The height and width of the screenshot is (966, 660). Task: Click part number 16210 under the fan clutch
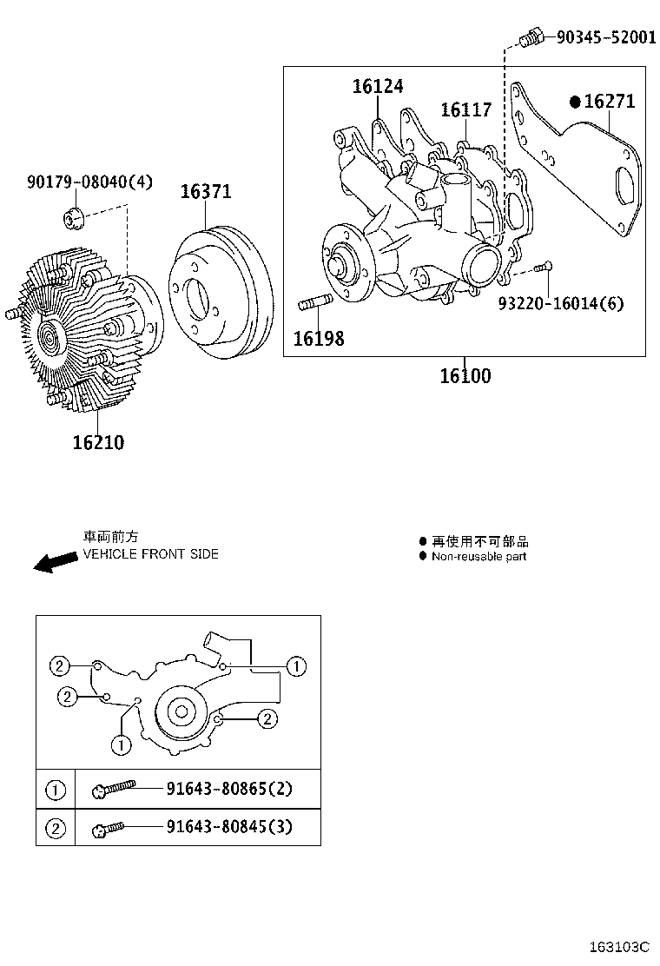coord(98,442)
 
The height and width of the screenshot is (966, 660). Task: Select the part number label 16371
coord(206,192)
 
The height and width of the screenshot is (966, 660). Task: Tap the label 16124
coord(378,86)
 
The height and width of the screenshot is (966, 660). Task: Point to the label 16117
coord(465,110)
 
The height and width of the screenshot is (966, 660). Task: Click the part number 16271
coord(610,102)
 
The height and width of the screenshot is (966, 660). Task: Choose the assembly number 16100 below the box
coord(465,376)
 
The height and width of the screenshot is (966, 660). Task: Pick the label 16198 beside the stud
coord(318,338)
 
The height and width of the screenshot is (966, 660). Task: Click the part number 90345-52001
coord(606,37)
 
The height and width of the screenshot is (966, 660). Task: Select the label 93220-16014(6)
coord(560,303)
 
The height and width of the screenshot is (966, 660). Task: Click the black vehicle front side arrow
coord(55,562)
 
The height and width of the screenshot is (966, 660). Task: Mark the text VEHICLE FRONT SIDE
coord(150,554)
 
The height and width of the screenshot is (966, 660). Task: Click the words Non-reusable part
coord(478,556)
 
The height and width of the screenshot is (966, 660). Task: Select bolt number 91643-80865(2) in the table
coord(229,790)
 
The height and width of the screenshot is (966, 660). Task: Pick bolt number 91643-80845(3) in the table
coord(229,826)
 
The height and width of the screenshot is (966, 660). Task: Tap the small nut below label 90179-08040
coord(75,216)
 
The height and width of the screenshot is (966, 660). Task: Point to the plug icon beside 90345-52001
coord(531,38)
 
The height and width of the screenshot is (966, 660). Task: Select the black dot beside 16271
coord(575,102)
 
